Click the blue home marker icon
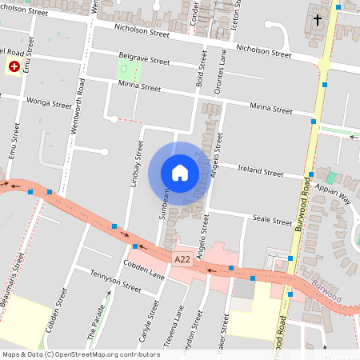click(x=180, y=173)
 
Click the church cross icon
click(x=317, y=18)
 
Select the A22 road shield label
click(x=182, y=259)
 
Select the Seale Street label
click(x=273, y=220)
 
